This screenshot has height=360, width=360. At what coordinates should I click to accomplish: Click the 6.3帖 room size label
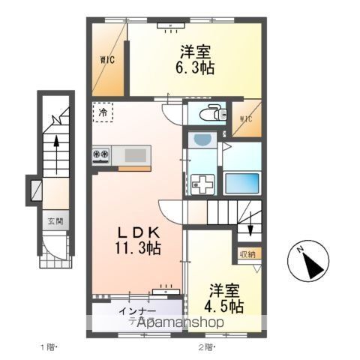coord(196,67)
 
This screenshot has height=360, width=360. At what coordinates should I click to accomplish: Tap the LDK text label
coord(132,229)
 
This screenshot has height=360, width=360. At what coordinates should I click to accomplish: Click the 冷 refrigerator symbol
coord(101,112)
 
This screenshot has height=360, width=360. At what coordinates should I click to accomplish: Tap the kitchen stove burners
coord(101,155)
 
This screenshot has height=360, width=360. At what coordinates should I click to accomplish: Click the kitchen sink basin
coord(136,155)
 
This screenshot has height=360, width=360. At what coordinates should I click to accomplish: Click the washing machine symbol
coord(202,184)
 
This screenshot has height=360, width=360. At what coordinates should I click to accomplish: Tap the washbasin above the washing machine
coord(201,140)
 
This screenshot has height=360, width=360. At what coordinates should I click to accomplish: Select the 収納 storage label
coord(248,253)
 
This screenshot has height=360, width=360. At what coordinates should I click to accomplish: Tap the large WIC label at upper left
coord(108,60)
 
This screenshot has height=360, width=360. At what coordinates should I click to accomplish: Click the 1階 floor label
coord(48,347)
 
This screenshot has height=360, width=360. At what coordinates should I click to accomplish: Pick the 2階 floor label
coord(206,347)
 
